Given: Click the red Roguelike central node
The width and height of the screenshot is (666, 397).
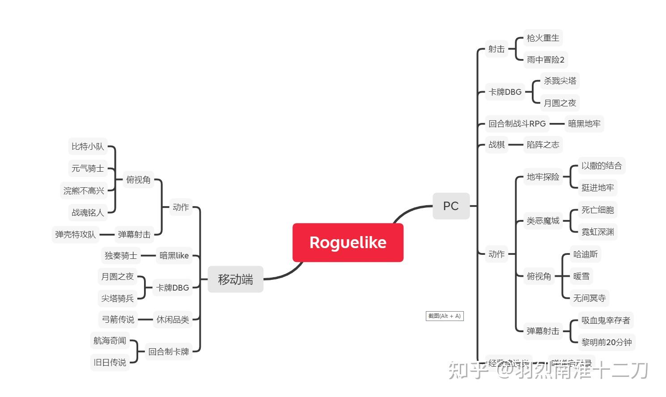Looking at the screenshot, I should click(348, 242).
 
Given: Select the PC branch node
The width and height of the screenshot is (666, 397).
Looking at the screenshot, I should click(451, 206).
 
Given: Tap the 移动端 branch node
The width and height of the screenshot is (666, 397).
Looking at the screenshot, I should click(235, 279).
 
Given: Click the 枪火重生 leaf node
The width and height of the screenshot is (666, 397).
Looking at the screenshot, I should click(543, 38).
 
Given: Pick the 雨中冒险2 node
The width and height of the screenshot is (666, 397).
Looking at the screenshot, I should click(545, 59).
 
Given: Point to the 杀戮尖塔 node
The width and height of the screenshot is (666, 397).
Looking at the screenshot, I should click(560, 81).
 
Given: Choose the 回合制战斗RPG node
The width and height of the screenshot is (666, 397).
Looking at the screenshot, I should click(517, 123).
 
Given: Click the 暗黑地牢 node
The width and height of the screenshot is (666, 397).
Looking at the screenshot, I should click(584, 123).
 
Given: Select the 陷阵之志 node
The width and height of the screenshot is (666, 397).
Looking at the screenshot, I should click(543, 144).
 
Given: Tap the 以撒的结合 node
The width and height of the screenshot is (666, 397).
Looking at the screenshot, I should click(601, 166).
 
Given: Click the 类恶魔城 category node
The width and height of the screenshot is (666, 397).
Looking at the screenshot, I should click(543, 220).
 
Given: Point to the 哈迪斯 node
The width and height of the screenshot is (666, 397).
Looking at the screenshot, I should click(585, 254).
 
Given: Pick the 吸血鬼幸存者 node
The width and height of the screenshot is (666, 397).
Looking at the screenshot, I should click(605, 320).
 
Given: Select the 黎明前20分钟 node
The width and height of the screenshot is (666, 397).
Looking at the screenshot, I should click(606, 342).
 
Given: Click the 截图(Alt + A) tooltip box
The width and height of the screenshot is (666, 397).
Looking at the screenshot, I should click(444, 316).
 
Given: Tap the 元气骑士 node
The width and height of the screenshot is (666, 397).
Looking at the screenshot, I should click(88, 169).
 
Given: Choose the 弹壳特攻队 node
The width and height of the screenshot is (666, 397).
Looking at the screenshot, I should click(75, 234).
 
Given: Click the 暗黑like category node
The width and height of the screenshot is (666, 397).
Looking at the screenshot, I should click(174, 256).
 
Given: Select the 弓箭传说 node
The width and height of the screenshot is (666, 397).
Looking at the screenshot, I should click(118, 319).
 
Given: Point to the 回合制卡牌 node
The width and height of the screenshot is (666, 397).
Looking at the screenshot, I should click(168, 352).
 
